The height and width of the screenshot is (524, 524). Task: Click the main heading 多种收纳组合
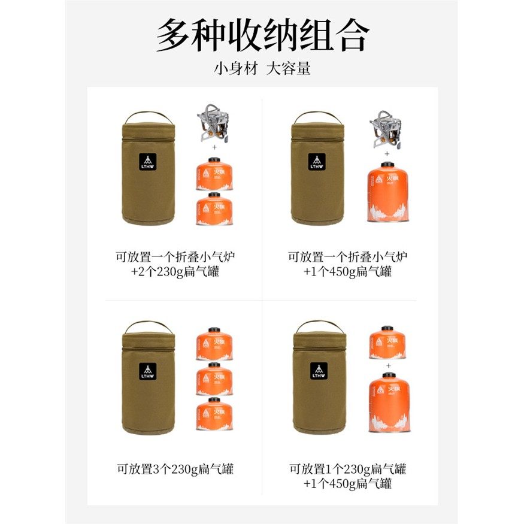tap(262, 36)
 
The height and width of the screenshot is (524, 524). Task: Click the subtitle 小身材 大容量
tap(262, 68)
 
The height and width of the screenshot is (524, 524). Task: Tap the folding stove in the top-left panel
tap(214, 124)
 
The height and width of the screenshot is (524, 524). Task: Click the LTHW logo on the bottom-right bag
tap(319, 371)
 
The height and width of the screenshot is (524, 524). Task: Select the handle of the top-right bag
tap(318, 116)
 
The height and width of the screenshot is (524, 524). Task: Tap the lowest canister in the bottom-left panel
tap(214, 414)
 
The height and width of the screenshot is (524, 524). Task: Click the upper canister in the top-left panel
tap(214, 174)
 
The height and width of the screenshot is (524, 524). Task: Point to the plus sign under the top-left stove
tap(214, 146)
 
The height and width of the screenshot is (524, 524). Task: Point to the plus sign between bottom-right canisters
tap(388, 365)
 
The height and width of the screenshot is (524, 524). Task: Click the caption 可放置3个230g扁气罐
tap(175, 469)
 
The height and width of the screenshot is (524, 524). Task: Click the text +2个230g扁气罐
tap(175, 271)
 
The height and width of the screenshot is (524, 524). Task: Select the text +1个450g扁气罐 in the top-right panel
tap(347, 271)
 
